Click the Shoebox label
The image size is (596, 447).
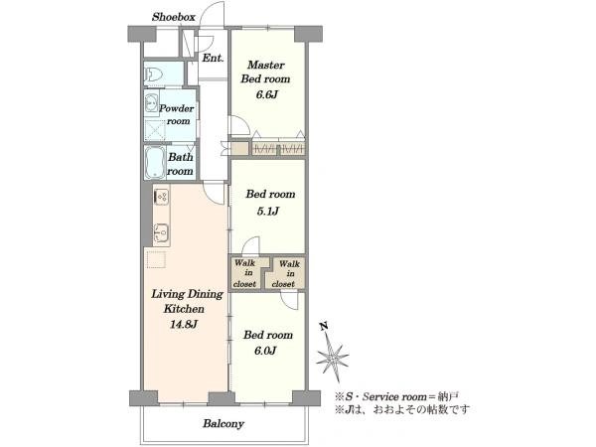pos(173,18)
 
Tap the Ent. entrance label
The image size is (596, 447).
pos(212,59)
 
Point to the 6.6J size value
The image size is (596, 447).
pos(267,95)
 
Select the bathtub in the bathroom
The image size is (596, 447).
pos(155,163)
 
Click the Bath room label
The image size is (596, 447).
pos(180,164)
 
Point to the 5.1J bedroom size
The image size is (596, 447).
pos(267,211)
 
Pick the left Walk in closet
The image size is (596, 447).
pos(245,273)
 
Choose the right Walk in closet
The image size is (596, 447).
pos(287,273)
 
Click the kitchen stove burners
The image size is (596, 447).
pos(161,199)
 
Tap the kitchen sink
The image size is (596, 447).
pos(161,234)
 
